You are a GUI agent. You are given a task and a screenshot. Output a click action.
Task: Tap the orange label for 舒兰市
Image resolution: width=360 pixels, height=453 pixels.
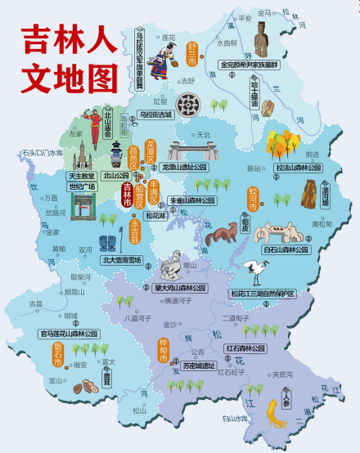(193, 54)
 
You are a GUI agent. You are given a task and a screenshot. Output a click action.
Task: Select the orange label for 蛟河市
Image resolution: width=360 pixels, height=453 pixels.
(254, 198)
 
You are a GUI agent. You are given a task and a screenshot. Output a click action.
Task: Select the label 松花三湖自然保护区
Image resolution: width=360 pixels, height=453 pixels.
(262, 294)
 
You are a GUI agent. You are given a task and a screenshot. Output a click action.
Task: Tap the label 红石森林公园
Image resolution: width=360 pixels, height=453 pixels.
(246, 348)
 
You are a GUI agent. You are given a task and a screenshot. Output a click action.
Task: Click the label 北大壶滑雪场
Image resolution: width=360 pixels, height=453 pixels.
(121, 260)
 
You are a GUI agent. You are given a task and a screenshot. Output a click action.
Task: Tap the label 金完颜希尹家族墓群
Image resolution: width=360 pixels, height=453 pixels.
(249, 64)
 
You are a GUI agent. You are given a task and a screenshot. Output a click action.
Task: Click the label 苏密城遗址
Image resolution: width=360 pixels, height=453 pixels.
(200, 366)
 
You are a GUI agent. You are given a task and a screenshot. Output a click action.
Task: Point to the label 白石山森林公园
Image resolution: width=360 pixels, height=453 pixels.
(286, 249)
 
